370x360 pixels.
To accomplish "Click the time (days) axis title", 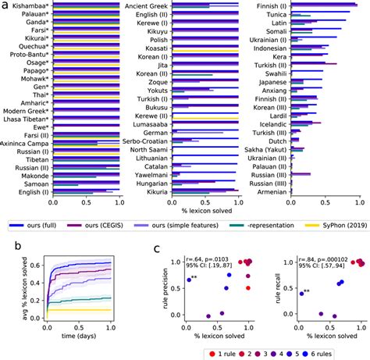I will tap(81, 336).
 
